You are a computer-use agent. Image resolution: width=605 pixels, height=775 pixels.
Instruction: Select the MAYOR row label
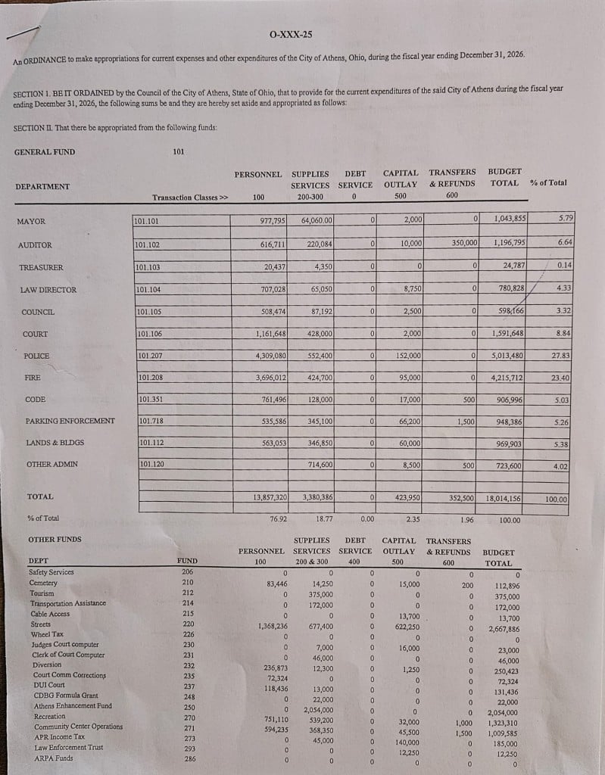pos(31,222)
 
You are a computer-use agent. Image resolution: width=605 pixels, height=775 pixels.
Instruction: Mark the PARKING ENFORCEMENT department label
pos(70,421)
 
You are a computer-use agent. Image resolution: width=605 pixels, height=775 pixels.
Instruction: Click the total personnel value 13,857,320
pos(270,497)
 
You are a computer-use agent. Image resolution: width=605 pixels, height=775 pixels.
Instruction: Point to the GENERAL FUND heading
pos(45,152)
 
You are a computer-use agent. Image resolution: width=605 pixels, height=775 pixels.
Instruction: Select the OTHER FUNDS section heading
pos(54,540)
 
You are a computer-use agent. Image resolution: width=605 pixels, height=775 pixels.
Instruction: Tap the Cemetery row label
pos(42,583)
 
